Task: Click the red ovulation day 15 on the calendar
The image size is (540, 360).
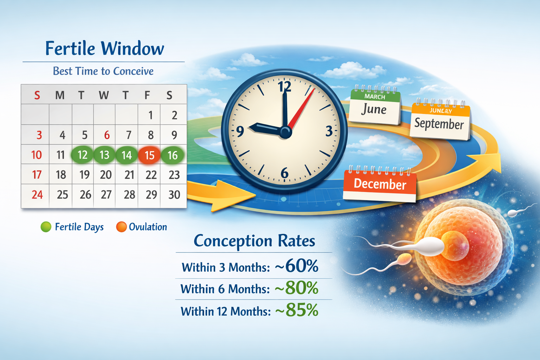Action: pos(149,155)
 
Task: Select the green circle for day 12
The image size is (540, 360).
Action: pos(82,155)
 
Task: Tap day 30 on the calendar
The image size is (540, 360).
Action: pos(174,195)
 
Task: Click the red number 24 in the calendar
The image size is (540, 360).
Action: pos(37,195)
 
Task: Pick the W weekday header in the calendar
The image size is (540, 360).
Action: pos(104,95)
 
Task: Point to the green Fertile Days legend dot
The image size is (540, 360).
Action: pos(46,227)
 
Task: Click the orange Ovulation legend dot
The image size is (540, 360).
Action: pos(121,227)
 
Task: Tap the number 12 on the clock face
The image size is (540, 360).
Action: pos(284,86)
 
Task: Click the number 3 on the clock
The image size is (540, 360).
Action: pos(329,131)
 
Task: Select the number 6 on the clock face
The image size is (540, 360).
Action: pos(284,173)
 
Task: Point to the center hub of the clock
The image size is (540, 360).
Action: pos(285,132)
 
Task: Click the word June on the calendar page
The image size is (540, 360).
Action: pos(374,110)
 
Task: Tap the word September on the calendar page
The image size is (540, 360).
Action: pos(439,124)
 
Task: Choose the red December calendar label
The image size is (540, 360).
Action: pos(380,184)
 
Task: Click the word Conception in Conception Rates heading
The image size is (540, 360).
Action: pos(233,241)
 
